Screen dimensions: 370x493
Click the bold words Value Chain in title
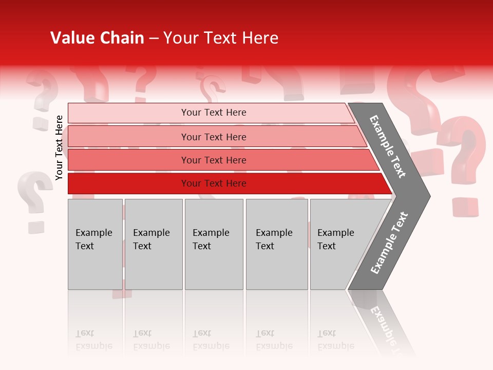click(x=97, y=38)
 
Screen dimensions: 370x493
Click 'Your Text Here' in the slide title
click(x=221, y=38)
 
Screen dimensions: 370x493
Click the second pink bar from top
click(x=213, y=137)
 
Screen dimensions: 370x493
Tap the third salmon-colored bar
click(x=213, y=160)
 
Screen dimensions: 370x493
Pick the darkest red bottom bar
click(x=213, y=183)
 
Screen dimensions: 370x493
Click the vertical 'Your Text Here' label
click(x=60, y=147)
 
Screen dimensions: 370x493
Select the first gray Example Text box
click(x=95, y=244)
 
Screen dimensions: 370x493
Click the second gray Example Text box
click(x=153, y=244)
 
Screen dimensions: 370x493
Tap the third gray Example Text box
click(x=214, y=244)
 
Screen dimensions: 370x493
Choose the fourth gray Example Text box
click(x=276, y=244)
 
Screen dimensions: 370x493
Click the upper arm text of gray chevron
click(x=388, y=146)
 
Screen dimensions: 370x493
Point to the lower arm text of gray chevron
click(x=389, y=243)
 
